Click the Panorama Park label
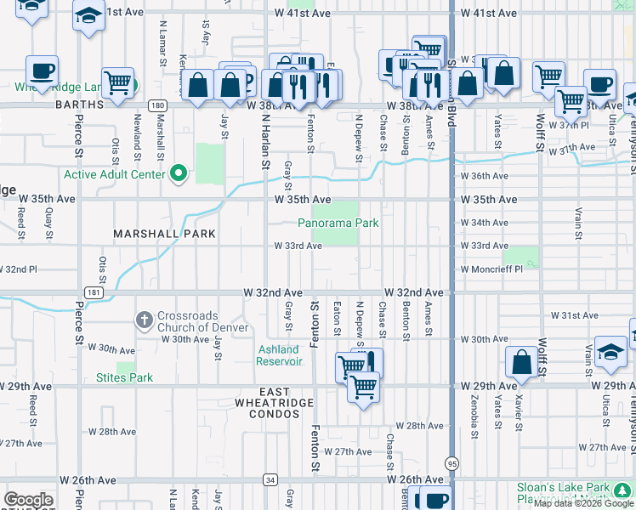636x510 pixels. [x=338, y=224]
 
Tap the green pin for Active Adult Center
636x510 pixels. [x=178, y=174]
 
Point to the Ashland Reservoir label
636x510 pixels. [x=279, y=355]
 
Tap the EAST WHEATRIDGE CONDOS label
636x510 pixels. [x=270, y=408]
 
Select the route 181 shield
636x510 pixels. [x=94, y=292]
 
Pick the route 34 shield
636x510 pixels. [x=270, y=480]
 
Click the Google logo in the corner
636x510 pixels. [x=28, y=500]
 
